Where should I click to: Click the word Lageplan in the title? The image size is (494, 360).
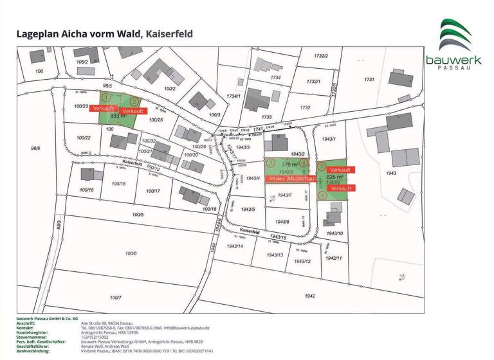click(x=38, y=34)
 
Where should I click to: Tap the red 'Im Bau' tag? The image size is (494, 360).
click(x=277, y=177)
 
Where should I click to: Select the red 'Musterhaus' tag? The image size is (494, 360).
click(x=302, y=177)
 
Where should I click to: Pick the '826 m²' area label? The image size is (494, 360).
click(x=335, y=175)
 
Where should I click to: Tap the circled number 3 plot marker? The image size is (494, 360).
click(x=271, y=163)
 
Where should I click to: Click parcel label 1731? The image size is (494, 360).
click(x=369, y=79)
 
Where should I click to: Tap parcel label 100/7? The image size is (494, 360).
click(x=116, y=298)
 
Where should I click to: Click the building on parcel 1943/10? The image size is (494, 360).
click(x=334, y=219)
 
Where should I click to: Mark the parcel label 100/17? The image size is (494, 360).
click(x=152, y=191)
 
